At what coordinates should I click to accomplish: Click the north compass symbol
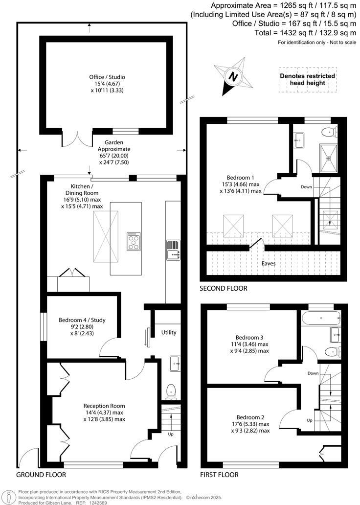click(234, 76)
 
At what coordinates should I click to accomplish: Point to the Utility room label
click(169, 332)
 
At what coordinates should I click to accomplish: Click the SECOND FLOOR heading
click(223, 288)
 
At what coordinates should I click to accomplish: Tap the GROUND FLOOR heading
click(41, 475)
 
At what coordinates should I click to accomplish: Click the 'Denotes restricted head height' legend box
click(307, 79)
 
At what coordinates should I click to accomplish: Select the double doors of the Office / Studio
click(76, 138)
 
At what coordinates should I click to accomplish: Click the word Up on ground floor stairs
click(171, 434)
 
